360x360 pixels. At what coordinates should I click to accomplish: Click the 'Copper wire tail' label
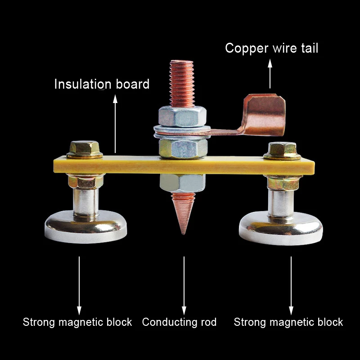(271, 48)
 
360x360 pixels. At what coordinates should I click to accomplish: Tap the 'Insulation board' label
(102, 84)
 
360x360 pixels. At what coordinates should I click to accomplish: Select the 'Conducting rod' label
(179, 322)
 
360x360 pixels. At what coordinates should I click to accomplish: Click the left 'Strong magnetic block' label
(77, 322)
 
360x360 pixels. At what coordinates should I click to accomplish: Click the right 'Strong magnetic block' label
(288, 322)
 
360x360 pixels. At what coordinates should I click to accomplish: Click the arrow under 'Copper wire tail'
(270, 74)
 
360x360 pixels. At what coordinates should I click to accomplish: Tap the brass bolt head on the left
(85, 148)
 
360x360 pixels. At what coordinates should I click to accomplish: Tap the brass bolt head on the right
(282, 149)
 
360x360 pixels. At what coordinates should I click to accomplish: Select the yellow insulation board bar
(225, 166)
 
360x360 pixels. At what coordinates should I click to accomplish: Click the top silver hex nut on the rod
(182, 117)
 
